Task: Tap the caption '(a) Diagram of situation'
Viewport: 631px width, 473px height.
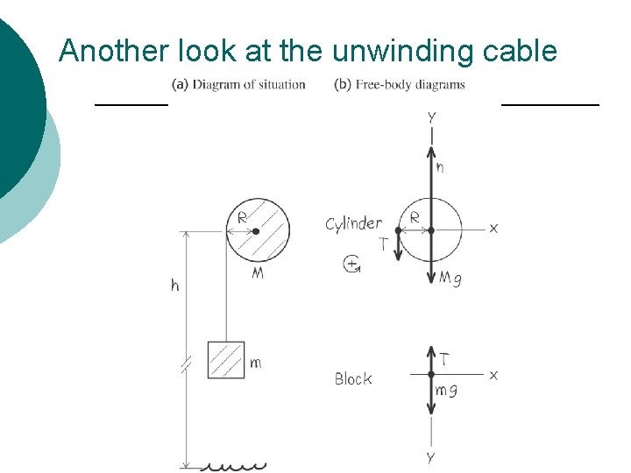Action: coord(238,85)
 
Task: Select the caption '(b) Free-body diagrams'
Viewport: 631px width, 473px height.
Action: coord(400,85)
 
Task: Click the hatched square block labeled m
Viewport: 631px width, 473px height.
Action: coord(226,360)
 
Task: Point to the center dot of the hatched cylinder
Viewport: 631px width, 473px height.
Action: coord(256,231)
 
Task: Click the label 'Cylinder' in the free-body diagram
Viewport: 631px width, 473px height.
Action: coord(354,223)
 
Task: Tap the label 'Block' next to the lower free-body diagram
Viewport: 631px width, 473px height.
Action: coord(353,379)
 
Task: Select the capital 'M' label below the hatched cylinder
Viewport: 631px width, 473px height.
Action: coord(258,273)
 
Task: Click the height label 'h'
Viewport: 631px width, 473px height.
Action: coord(175,286)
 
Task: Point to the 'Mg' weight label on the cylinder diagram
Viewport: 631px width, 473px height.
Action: coord(450,279)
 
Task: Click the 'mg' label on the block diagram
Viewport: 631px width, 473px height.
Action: coord(446,391)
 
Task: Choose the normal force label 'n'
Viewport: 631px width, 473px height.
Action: coord(439,167)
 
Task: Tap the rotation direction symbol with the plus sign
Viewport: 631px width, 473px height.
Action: coord(353,263)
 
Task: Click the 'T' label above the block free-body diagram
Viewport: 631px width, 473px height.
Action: coord(445,359)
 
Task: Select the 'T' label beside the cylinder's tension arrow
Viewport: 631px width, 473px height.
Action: coord(383,245)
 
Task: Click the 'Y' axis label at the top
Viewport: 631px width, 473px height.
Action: coord(431,116)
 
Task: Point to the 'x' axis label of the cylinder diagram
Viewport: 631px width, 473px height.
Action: coord(493,228)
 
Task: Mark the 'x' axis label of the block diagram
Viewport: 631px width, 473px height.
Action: coord(493,375)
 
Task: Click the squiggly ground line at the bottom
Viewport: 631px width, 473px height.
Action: coord(234,465)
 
